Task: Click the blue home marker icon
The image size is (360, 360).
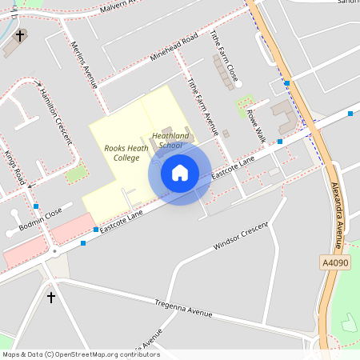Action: coord(179,172)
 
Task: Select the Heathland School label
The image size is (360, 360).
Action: coord(170,140)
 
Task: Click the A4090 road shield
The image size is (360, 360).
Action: coord(335,262)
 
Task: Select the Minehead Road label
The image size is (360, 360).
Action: coord(174,50)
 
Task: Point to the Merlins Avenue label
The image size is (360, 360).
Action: coord(84,64)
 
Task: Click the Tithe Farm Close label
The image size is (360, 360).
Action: coord(225,58)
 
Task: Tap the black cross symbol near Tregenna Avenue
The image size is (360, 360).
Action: coord(51,298)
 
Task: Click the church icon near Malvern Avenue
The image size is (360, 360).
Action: coord(20,35)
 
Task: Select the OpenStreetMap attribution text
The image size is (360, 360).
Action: coord(80,354)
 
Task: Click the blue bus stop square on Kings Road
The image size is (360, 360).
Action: coord(36,206)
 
